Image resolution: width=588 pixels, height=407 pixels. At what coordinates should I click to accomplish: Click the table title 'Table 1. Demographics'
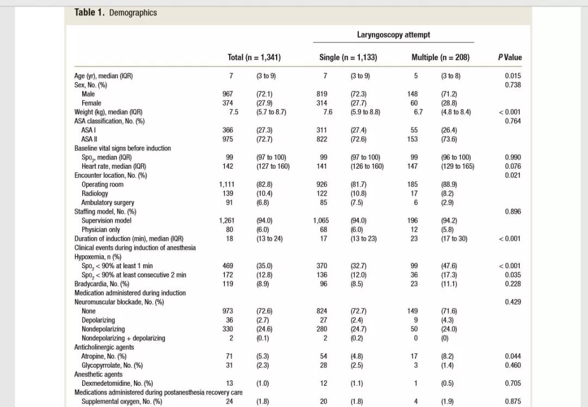115,13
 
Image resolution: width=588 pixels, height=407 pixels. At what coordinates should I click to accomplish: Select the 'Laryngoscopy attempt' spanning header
393,35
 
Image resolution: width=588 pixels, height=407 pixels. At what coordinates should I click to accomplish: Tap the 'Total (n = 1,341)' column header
254,57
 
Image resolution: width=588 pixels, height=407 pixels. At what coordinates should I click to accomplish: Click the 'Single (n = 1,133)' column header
348,57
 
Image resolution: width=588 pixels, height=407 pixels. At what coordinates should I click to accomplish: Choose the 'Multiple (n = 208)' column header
440,57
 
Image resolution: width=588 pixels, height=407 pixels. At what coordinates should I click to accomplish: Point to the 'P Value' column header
510,57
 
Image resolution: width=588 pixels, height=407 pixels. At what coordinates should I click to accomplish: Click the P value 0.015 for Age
512,76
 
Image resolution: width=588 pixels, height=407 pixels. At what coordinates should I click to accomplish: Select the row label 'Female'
91,103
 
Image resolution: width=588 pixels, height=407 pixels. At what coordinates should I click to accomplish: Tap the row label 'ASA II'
89,139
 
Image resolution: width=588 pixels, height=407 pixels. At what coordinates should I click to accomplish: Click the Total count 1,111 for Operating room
226,184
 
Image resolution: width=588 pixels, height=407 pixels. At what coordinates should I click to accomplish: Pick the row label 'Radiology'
95,194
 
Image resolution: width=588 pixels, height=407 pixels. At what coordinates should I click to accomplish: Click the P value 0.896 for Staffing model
512,212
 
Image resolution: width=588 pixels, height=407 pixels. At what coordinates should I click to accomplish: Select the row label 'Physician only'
101,230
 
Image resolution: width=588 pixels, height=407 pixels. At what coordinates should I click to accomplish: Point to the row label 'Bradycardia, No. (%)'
102,284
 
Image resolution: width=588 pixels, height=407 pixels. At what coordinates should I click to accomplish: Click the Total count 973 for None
228,311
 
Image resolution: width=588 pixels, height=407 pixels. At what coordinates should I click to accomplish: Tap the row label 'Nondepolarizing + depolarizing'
123,338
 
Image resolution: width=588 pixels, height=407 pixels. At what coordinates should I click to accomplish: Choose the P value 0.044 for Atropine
512,356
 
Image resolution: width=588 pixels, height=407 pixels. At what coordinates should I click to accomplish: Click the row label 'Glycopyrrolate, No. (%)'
112,366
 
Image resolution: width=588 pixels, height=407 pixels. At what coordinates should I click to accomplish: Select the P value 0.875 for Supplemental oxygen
512,402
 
